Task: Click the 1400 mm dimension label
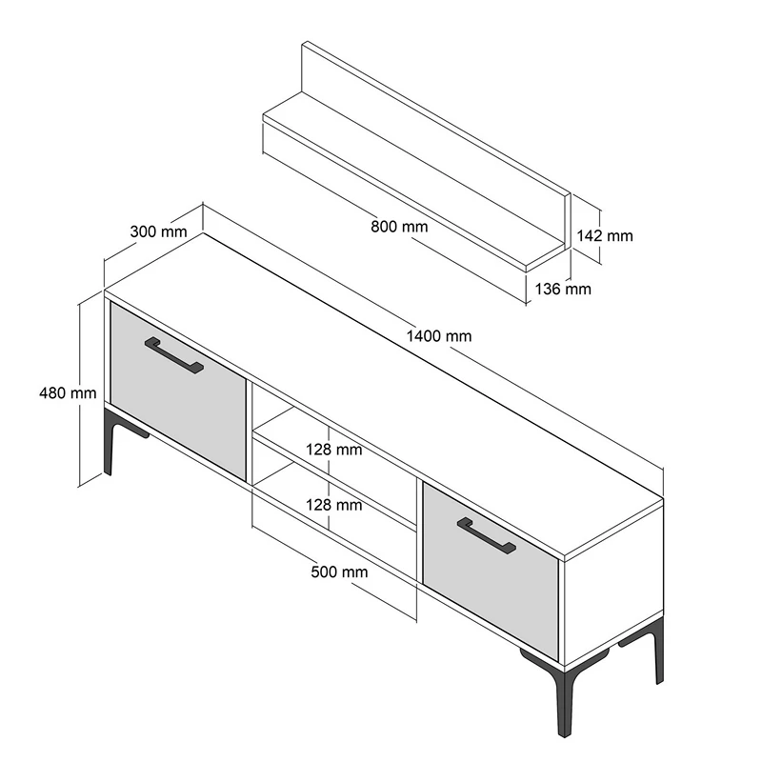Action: click(438, 336)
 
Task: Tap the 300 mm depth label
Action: click(157, 231)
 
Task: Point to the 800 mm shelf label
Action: click(399, 227)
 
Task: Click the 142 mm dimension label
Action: click(605, 236)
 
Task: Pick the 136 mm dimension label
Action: click(564, 289)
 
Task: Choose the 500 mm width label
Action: click(339, 572)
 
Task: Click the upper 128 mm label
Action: click(333, 449)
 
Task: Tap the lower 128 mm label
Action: click(333, 505)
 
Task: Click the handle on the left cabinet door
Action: click(173, 355)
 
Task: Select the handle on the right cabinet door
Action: click(486, 536)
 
